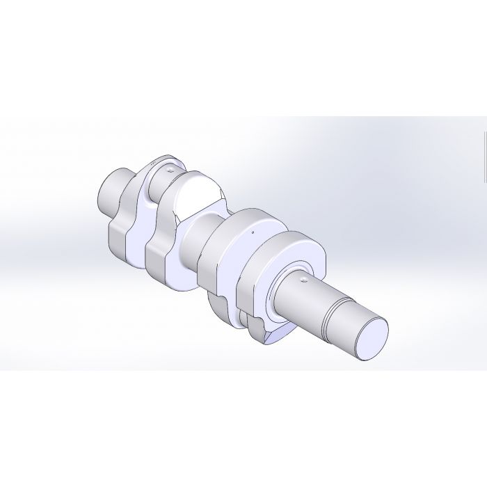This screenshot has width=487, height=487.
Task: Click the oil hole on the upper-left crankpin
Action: tap(169, 168)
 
